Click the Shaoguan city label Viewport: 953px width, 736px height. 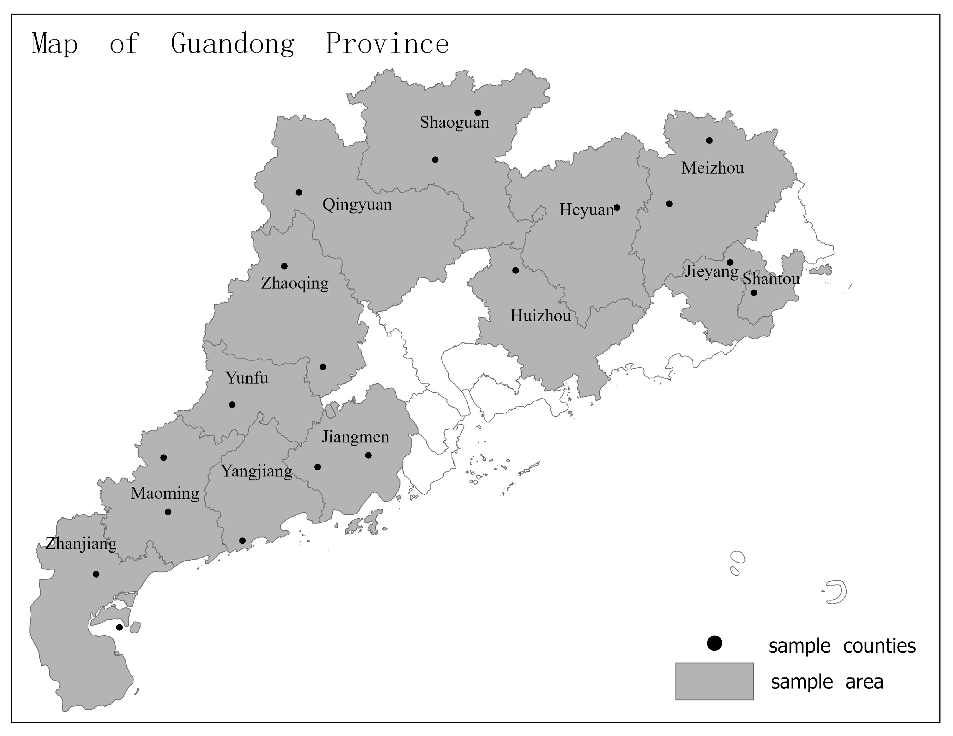[454, 123]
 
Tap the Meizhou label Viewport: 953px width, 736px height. [712, 168]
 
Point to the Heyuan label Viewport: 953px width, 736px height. [586, 210]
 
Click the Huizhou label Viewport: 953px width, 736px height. [540, 316]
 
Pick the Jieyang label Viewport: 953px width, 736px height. [711, 271]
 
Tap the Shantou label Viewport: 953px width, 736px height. [771, 279]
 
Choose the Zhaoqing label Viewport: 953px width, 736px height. [295, 283]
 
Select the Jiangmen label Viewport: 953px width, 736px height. [355, 437]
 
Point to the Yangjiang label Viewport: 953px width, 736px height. [257, 471]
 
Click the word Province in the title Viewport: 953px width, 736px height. [387, 44]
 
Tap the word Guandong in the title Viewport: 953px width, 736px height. [233, 44]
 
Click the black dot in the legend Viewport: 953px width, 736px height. [714, 643]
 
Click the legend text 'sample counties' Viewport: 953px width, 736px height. [842, 646]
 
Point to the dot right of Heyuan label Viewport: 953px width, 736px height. [617, 208]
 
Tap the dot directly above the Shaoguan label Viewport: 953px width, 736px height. [478, 113]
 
